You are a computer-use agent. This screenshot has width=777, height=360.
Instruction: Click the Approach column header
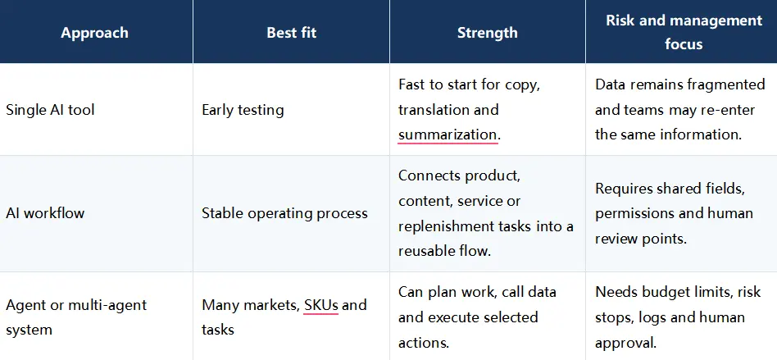click(x=94, y=33)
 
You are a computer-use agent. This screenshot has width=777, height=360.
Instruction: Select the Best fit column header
click(x=292, y=33)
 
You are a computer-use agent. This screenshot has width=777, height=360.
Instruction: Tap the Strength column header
click(x=487, y=33)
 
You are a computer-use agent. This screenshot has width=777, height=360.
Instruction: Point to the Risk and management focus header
click(x=684, y=32)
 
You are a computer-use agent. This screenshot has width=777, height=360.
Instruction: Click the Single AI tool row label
click(x=50, y=110)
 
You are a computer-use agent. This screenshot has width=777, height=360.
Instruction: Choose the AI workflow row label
click(x=45, y=213)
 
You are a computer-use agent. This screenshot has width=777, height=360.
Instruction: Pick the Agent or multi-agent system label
click(x=76, y=317)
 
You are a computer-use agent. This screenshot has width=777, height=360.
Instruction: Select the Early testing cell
click(x=243, y=110)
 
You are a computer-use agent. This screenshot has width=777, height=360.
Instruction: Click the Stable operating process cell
click(x=285, y=213)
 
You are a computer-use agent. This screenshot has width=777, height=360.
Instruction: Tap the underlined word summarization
click(x=447, y=134)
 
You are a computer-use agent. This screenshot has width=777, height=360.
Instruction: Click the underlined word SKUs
click(x=321, y=304)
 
